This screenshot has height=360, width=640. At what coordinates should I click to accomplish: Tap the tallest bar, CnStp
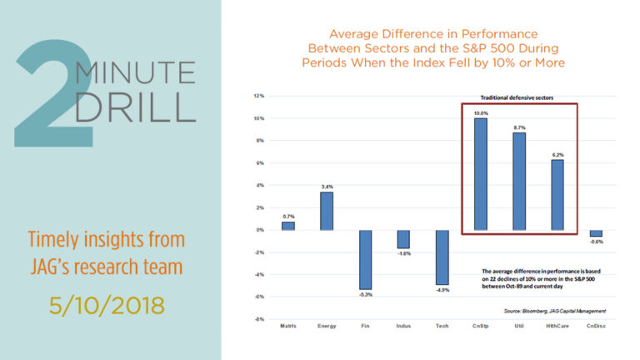(x=481, y=173)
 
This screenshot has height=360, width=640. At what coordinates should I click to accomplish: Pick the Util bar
(x=518, y=181)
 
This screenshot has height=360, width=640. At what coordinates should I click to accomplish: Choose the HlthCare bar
(x=557, y=194)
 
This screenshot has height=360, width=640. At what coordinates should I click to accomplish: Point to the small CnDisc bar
(x=596, y=233)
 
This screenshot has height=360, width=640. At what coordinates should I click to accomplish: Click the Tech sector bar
(x=442, y=257)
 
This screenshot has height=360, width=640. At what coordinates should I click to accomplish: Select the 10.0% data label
(x=481, y=112)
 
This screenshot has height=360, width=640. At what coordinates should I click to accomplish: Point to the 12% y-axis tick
(x=259, y=97)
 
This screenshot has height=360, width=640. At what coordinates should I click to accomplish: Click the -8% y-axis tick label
(x=259, y=319)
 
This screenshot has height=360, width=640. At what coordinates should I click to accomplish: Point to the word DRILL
(x=132, y=107)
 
